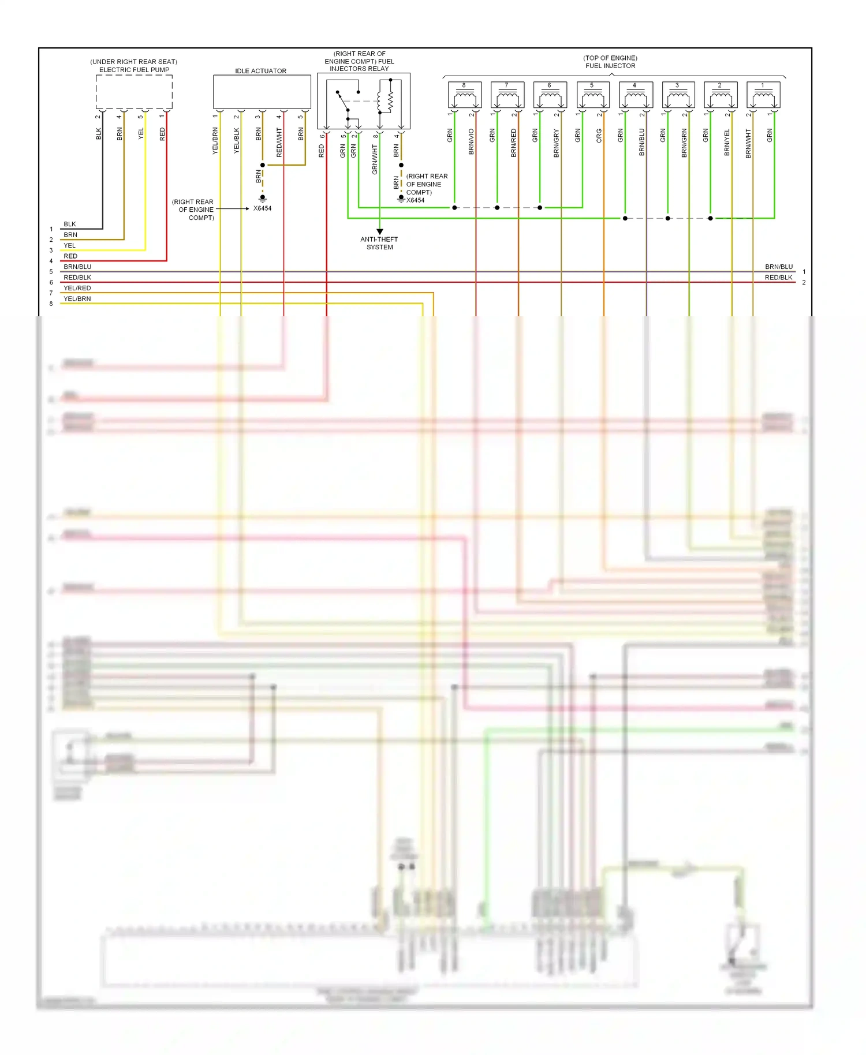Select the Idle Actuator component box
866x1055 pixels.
click(262, 91)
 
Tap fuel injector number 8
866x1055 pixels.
click(464, 95)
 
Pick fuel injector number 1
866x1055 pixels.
click(763, 95)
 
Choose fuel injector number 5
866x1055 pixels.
click(592, 95)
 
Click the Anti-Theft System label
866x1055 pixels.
click(379, 243)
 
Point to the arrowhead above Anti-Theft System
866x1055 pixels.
click(379, 231)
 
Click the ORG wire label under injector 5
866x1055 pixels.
click(599, 136)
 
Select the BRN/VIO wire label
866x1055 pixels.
click(471, 142)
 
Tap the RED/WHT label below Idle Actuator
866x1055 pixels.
click(279, 143)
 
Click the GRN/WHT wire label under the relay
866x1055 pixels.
click(375, 160)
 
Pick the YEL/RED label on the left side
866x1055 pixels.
click(77, 288)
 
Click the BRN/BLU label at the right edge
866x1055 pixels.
click(778, 267)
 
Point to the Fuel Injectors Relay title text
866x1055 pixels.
click(359, 61)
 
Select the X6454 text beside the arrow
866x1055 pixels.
click(262, 208)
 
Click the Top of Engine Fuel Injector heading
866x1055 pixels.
click(610, 62)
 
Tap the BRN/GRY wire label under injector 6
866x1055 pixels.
click(557, 143)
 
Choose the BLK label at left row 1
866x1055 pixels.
click(69, 224)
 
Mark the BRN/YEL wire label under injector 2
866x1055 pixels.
click(727, 142)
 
